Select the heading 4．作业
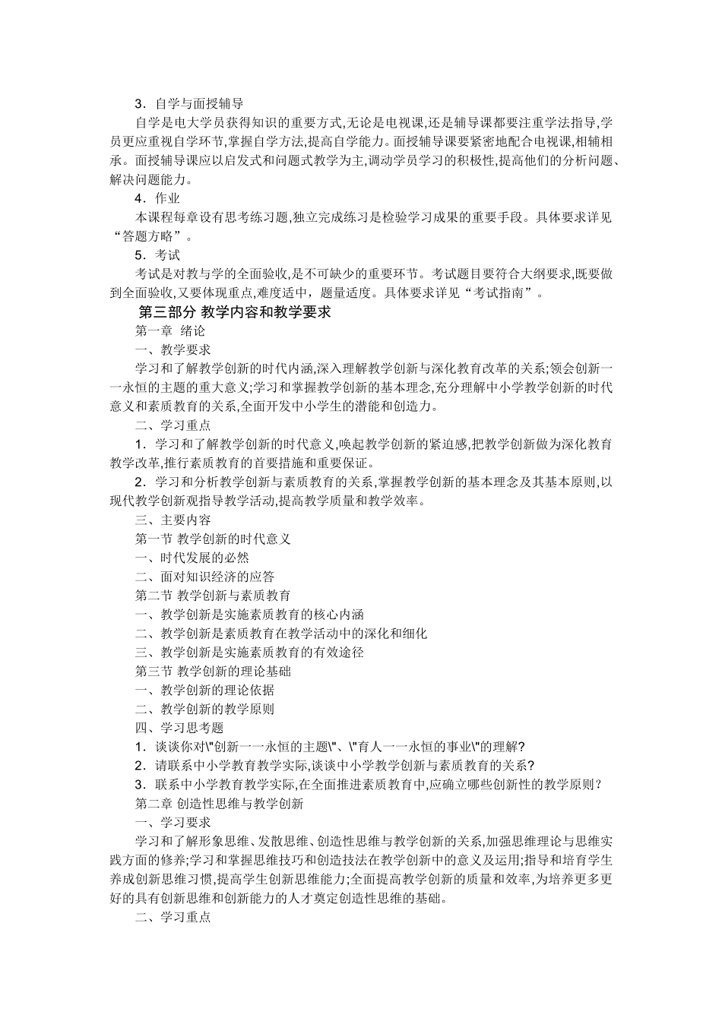click(157, 199)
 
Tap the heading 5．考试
click(157, 255)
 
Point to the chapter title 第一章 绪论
click(170, 331)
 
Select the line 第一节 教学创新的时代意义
click(213, 539)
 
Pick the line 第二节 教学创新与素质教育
click(213, 596)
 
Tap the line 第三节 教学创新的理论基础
click(213, 672)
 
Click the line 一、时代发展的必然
click(192, 558)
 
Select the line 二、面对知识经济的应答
click(204, 577)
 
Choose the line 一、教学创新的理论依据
click(204, 691)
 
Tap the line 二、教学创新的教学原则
click(204, 710)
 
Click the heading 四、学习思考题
click(179, 729)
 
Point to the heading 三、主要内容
click(173, 520)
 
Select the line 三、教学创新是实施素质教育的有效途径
click(249, 653)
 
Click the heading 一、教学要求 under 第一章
click(173, 350)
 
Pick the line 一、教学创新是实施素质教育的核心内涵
click(249, 615)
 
